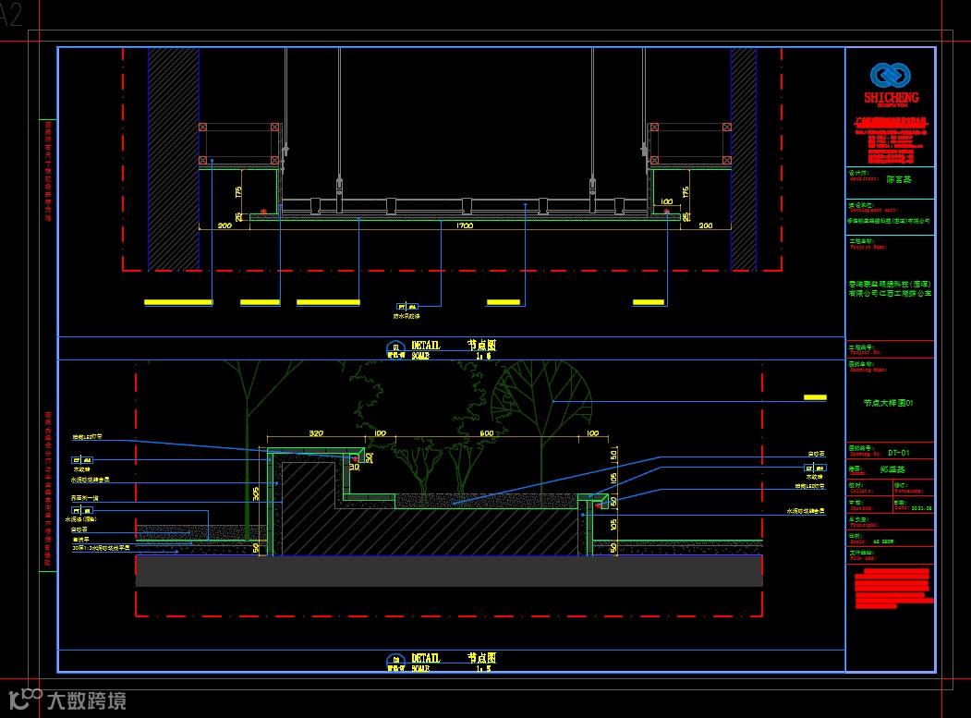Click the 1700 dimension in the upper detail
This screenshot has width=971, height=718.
pos(466,225)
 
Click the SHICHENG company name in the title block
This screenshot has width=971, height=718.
pos(891,97)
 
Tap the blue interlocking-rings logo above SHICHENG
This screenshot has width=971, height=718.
pos(891,75)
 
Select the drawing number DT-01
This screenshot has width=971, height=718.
pos(899,454)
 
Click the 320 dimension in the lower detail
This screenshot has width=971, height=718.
pos(316,432)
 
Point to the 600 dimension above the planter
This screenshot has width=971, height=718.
pos(488,432)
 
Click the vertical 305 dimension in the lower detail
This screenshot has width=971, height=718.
pos(256,494)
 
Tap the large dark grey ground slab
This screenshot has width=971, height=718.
pos(449,571)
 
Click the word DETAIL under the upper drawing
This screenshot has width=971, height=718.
pos(426,346)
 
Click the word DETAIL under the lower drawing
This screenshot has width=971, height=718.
pos(426,658)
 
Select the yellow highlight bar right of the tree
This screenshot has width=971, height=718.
pos(815,397)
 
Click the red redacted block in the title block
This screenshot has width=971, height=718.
pos(892,590)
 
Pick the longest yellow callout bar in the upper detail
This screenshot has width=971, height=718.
pos(328,302)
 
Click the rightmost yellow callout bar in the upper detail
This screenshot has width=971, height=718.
pos(649,302)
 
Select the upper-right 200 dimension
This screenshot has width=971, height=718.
pos(705,225)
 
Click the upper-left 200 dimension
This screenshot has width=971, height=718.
pos(224,225)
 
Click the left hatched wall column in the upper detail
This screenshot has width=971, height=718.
pos(174,157)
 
